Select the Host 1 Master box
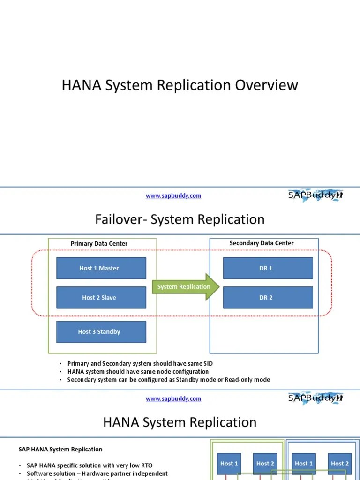pyautogui.click(x=101, y=268)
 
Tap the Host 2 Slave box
pyautogui.click(x=101, y=298)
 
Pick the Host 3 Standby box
pyautogui.click(x=101, y=332)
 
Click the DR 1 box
pyautogui.click(x=268, y=268)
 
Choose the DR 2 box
pyautogui.click(x=268, y=298)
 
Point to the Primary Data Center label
pyautogui.click(x=99, y=244)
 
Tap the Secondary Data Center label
pyautogui.click(x=262, y=243)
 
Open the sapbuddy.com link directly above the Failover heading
pyautogui.click(x=173, y=196)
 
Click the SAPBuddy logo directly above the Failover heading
pyautogui.click(x=315, y=195)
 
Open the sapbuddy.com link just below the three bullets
pyautogui.click(x=173, y=399)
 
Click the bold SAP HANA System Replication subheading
pyautogui.click(x=60, y=450)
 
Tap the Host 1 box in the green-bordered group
pyautogui.click(x=229, y=464)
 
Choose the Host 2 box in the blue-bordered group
pyautogui.click(x=340, y=464)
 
